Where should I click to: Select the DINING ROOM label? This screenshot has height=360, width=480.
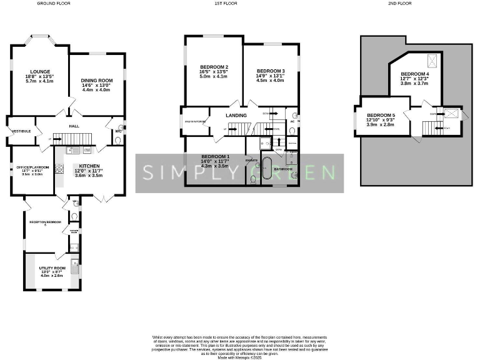[x=96, y=80]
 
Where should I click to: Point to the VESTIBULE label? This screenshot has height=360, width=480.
[x=19, y=131]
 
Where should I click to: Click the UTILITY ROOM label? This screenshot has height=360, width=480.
[x=52, y=267]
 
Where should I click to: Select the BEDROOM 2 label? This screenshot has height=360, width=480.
[x=214, y=67]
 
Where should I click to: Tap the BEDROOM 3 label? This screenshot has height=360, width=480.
[x=270, y=71]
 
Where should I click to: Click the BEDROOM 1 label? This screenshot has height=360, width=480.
[x=215, y=156]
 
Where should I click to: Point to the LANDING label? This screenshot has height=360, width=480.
[x=236, y=116]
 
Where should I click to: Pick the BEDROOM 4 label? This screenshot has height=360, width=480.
[x=415, y=74]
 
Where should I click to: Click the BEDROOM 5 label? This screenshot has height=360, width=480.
[x=381, y=115]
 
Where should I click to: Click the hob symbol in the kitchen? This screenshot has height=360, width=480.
[x=60, y=168]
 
